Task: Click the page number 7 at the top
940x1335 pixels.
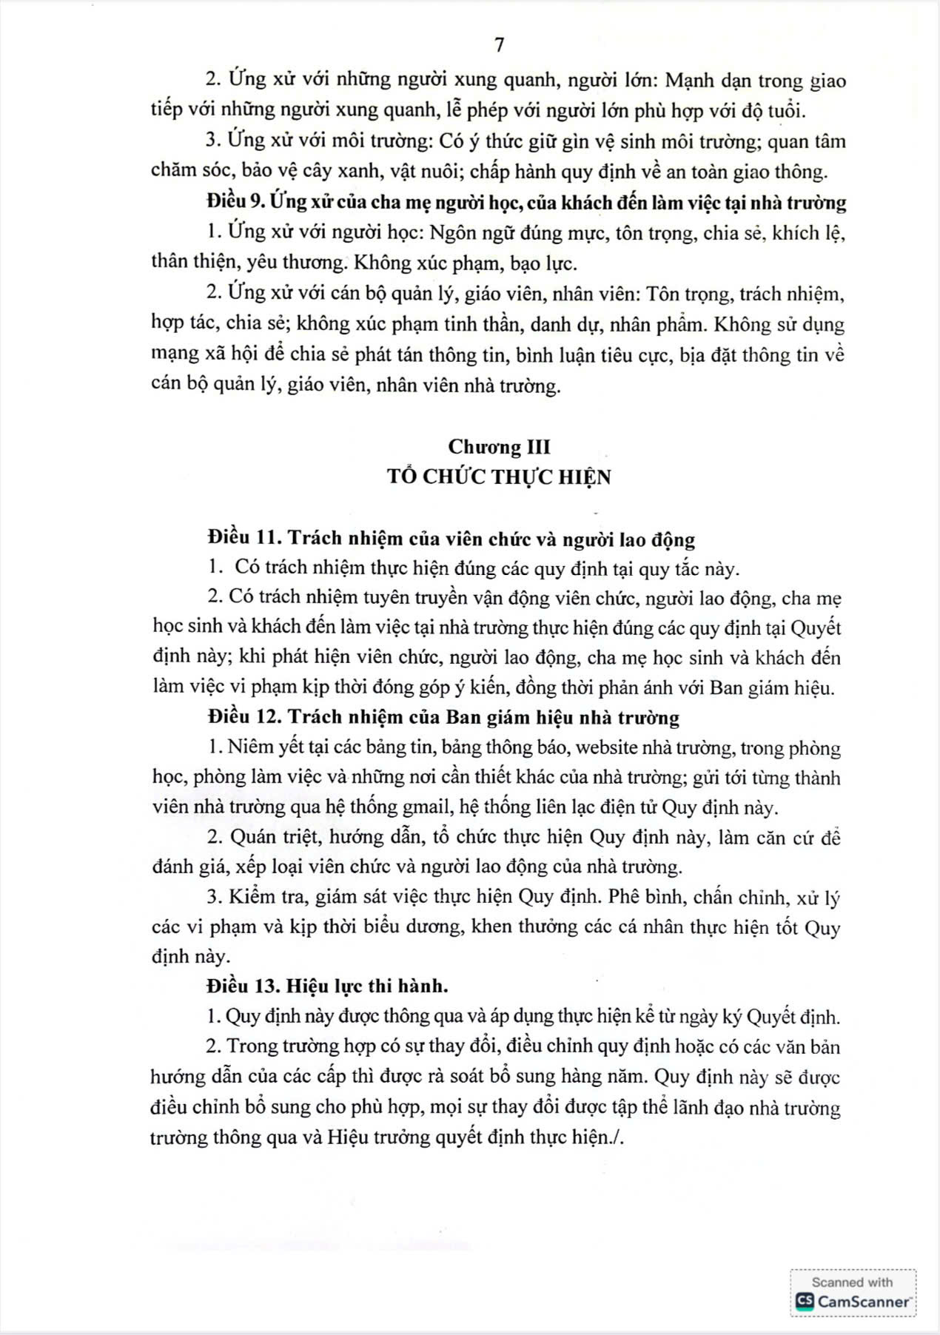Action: pyautogui.click(x=499, y=45)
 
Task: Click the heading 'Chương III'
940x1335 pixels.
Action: pyautogui.click(x=499, y=447)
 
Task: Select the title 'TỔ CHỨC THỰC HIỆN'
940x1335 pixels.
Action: pyautogui.click(x=499, y=477)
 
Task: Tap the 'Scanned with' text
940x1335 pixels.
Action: pyautogui.click(x=852, y=1282)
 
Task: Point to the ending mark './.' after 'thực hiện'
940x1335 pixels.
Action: pyautogui.click(x=619, y=1137)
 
